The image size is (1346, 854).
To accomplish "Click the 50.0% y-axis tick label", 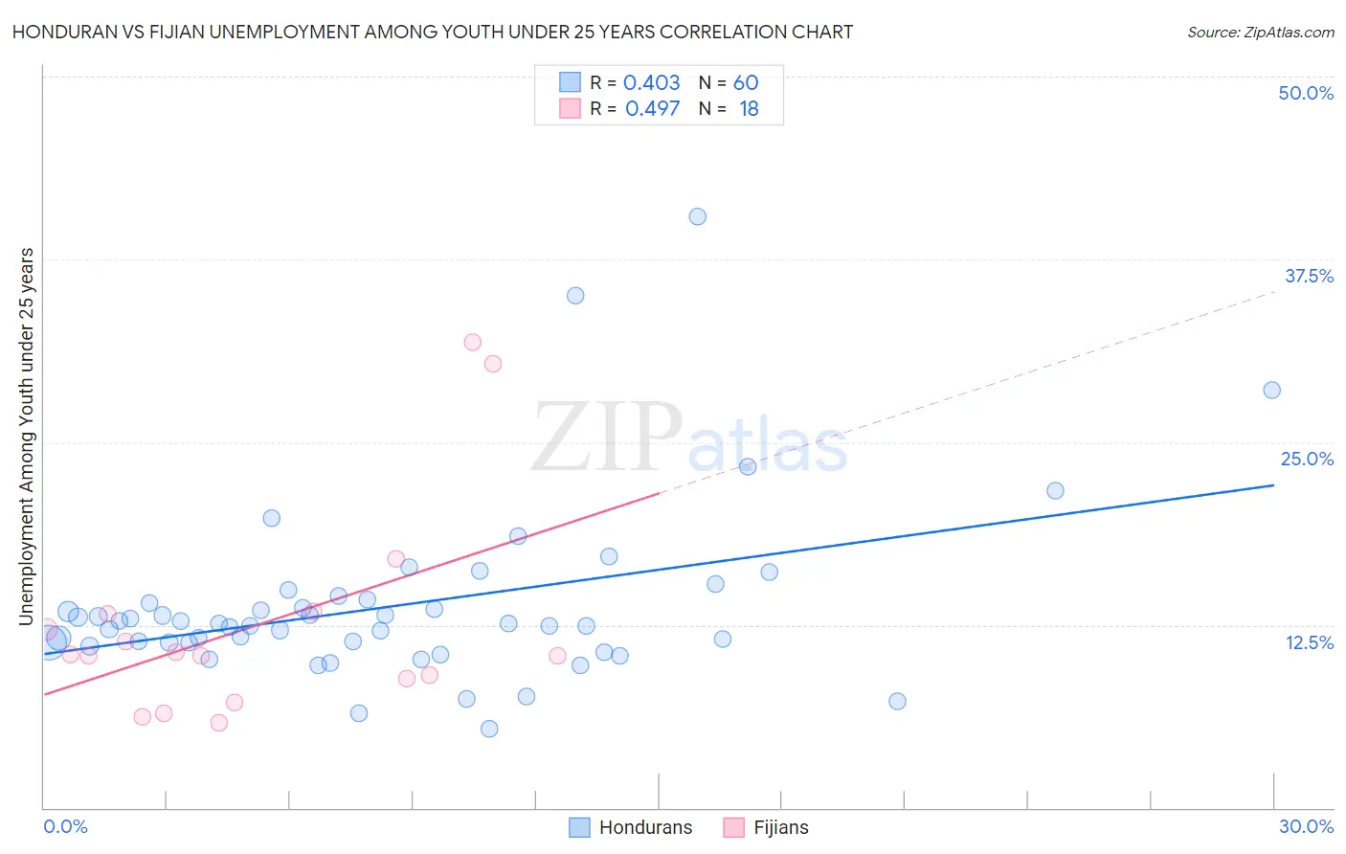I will pyautogui.click(x=1306, y=93).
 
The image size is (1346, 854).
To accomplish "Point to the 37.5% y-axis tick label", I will pyautogui.click(x=1309, y=276).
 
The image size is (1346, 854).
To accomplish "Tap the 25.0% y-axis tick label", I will pyautogui.click(x=1307, y=459).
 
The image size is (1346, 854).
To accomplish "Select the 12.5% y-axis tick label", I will pyautogui.click(x=1309, y=642).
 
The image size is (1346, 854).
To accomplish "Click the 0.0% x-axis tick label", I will pyautogui.click(x=65, y=826).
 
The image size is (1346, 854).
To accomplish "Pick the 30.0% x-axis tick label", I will pyautogui.click(x=1306, y=826).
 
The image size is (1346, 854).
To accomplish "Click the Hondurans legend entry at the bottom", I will pyautogui.click(x=631, y=827).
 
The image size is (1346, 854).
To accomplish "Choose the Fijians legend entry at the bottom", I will pyautogui.click(x=766, y=827).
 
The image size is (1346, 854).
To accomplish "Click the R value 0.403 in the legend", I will pyautogui.click(x=652, y=82).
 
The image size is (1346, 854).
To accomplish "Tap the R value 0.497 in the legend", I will pyautogui.click(x=652, y=108).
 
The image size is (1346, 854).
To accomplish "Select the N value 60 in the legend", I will pyautogui.click(x=746, y=82).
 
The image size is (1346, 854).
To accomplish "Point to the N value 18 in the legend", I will pyautogui.click(x=749, y=108).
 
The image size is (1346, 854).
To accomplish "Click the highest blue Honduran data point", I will pyautogui.click(x=698, y=216).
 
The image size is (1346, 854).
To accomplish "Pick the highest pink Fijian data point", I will pyautogui.click(x=472, y=342).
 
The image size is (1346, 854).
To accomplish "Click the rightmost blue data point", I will pyautogui.click(x=1271, y=390).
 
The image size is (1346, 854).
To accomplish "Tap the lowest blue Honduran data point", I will pyautogui.click(x=489, y=729).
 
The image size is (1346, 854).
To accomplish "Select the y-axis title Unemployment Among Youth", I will pyautogui.click(x=27, y=437).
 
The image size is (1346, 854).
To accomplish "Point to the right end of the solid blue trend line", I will pyautogui.click(x=1273, y=485).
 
